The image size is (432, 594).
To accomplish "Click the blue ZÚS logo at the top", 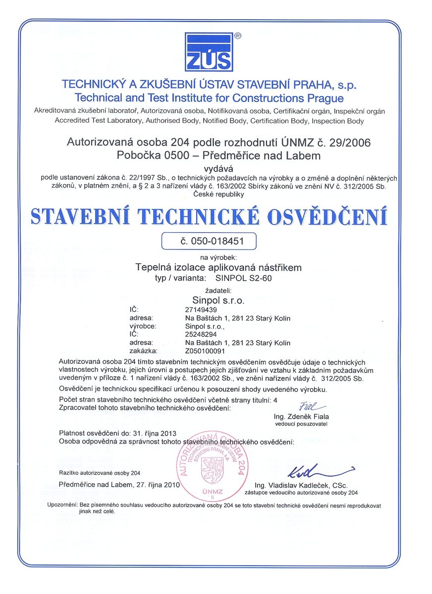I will (x=209, y=52).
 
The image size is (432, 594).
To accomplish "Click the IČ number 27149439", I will (x=197, y=309).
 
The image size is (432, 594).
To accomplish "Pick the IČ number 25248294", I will (x=197, y=335).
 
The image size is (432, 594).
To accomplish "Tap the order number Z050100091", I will (x=201, y=351).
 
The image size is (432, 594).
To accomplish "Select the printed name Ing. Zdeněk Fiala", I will (x=301, y=417).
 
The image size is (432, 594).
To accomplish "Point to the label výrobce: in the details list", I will (x=143, y=326).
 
